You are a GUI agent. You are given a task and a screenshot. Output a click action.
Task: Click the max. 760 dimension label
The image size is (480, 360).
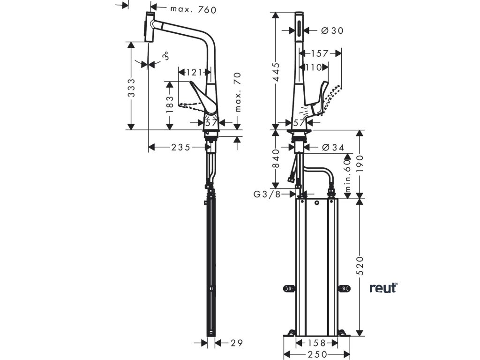193,9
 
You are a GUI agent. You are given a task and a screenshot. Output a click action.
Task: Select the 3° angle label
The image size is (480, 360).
165,57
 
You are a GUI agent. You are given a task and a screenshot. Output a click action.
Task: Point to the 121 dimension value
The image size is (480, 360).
193,72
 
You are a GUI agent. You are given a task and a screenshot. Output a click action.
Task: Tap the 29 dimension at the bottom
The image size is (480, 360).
237,343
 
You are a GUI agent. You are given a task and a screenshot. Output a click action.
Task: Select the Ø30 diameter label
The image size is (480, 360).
332,30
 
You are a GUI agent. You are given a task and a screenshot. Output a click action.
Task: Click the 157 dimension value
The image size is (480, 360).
320,53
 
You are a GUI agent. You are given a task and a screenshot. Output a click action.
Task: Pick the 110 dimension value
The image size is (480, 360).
314,67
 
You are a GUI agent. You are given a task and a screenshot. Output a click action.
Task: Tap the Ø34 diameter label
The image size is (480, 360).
333,147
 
